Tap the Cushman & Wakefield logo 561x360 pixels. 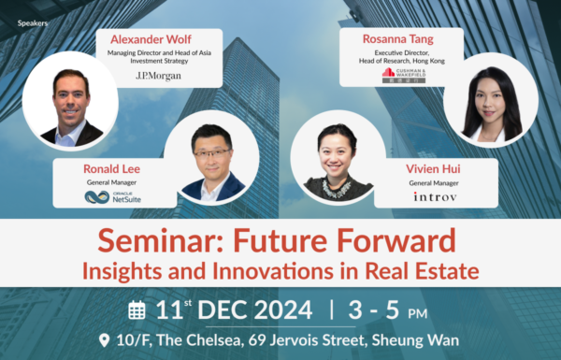coord(402,72)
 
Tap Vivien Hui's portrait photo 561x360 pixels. coord(335,161)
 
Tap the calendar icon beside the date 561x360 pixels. coord(137,310)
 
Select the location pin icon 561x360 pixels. coord(103,340)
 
